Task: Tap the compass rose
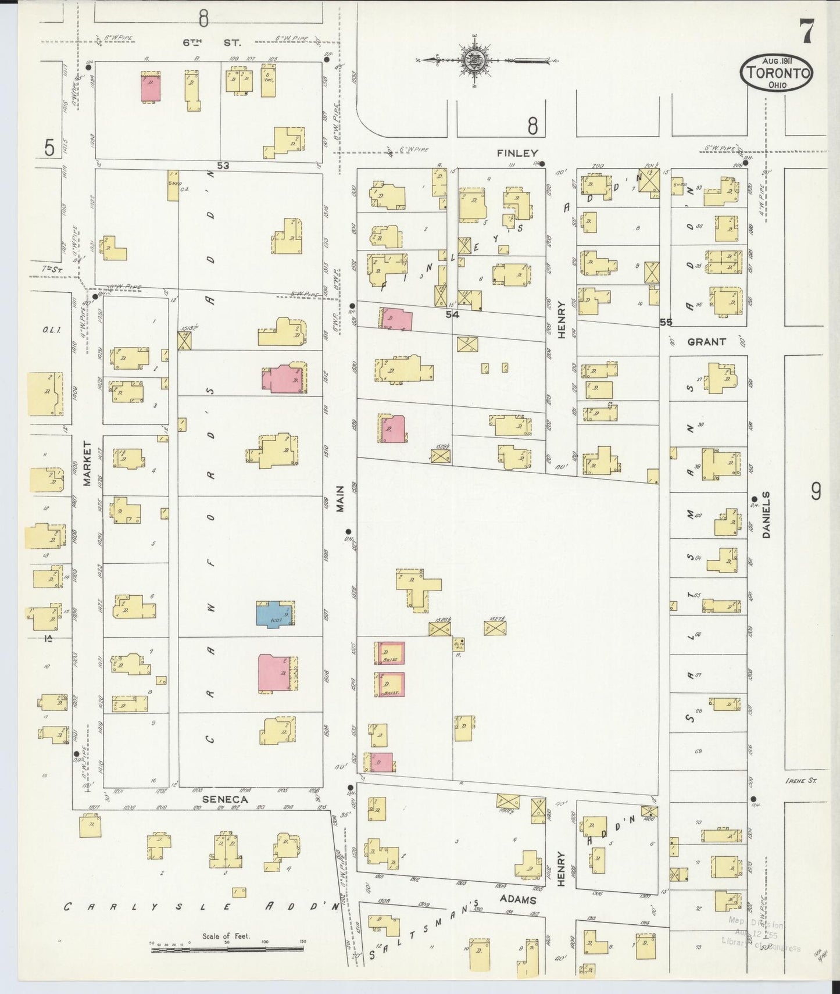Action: click(x=476, y=59)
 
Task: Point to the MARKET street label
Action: click(x=88, y=463)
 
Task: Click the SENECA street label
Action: click(x=225, y=799)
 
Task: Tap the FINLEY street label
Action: click(x=517, y=153)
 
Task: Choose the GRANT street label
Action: click(x=706, y=342)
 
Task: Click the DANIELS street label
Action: click(x=766, y=515)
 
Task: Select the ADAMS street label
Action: click(x=518, y=900)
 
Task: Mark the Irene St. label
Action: click(x=800, y=781)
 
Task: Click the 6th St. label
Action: click(x=212, y=42)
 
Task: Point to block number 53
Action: click(x=223, y=166)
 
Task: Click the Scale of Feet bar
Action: click(x=227, y=949)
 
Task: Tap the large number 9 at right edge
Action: click(x=816, y=492)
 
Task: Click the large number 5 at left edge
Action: click(x=50, y=148)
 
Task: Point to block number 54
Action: click(x=452, y=314)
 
